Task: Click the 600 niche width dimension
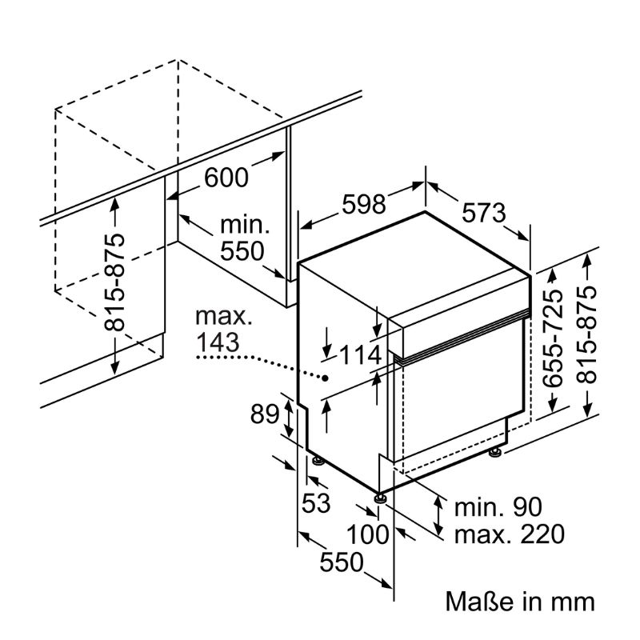pos(226,177)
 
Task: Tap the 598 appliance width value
pos(364,204)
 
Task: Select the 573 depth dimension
pos(484,212)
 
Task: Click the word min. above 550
pos(245,225)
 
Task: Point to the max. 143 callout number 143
pos(218,342)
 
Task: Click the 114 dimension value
pos(361,354)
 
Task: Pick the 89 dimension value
pos(265,414)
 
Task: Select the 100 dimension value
pos(367,534)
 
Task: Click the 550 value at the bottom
pos(342,562)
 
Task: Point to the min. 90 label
pos(498,507)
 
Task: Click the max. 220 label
pos(510,534)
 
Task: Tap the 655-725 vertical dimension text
pos(553,338)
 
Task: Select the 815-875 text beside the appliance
pos(586,334)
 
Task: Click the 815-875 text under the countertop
pos(114,282)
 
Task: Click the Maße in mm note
pos(520,602)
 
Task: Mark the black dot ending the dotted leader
pos(326,378)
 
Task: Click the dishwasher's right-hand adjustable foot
pos(496,452)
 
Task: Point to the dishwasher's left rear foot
pos(318,461)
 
